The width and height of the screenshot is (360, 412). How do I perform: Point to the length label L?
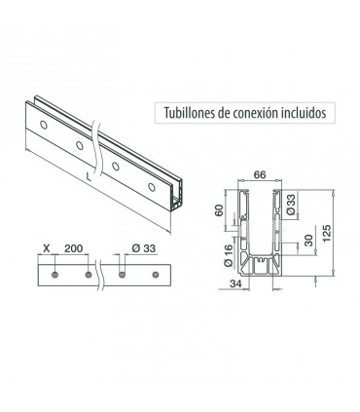89,176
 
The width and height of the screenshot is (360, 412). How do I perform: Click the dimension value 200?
73,248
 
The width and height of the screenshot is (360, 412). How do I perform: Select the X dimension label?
47,248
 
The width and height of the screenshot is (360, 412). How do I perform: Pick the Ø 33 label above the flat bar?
144,248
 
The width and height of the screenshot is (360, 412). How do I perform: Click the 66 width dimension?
260,174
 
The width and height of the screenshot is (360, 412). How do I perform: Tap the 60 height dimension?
220,210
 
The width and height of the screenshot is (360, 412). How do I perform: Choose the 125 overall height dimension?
327,233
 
